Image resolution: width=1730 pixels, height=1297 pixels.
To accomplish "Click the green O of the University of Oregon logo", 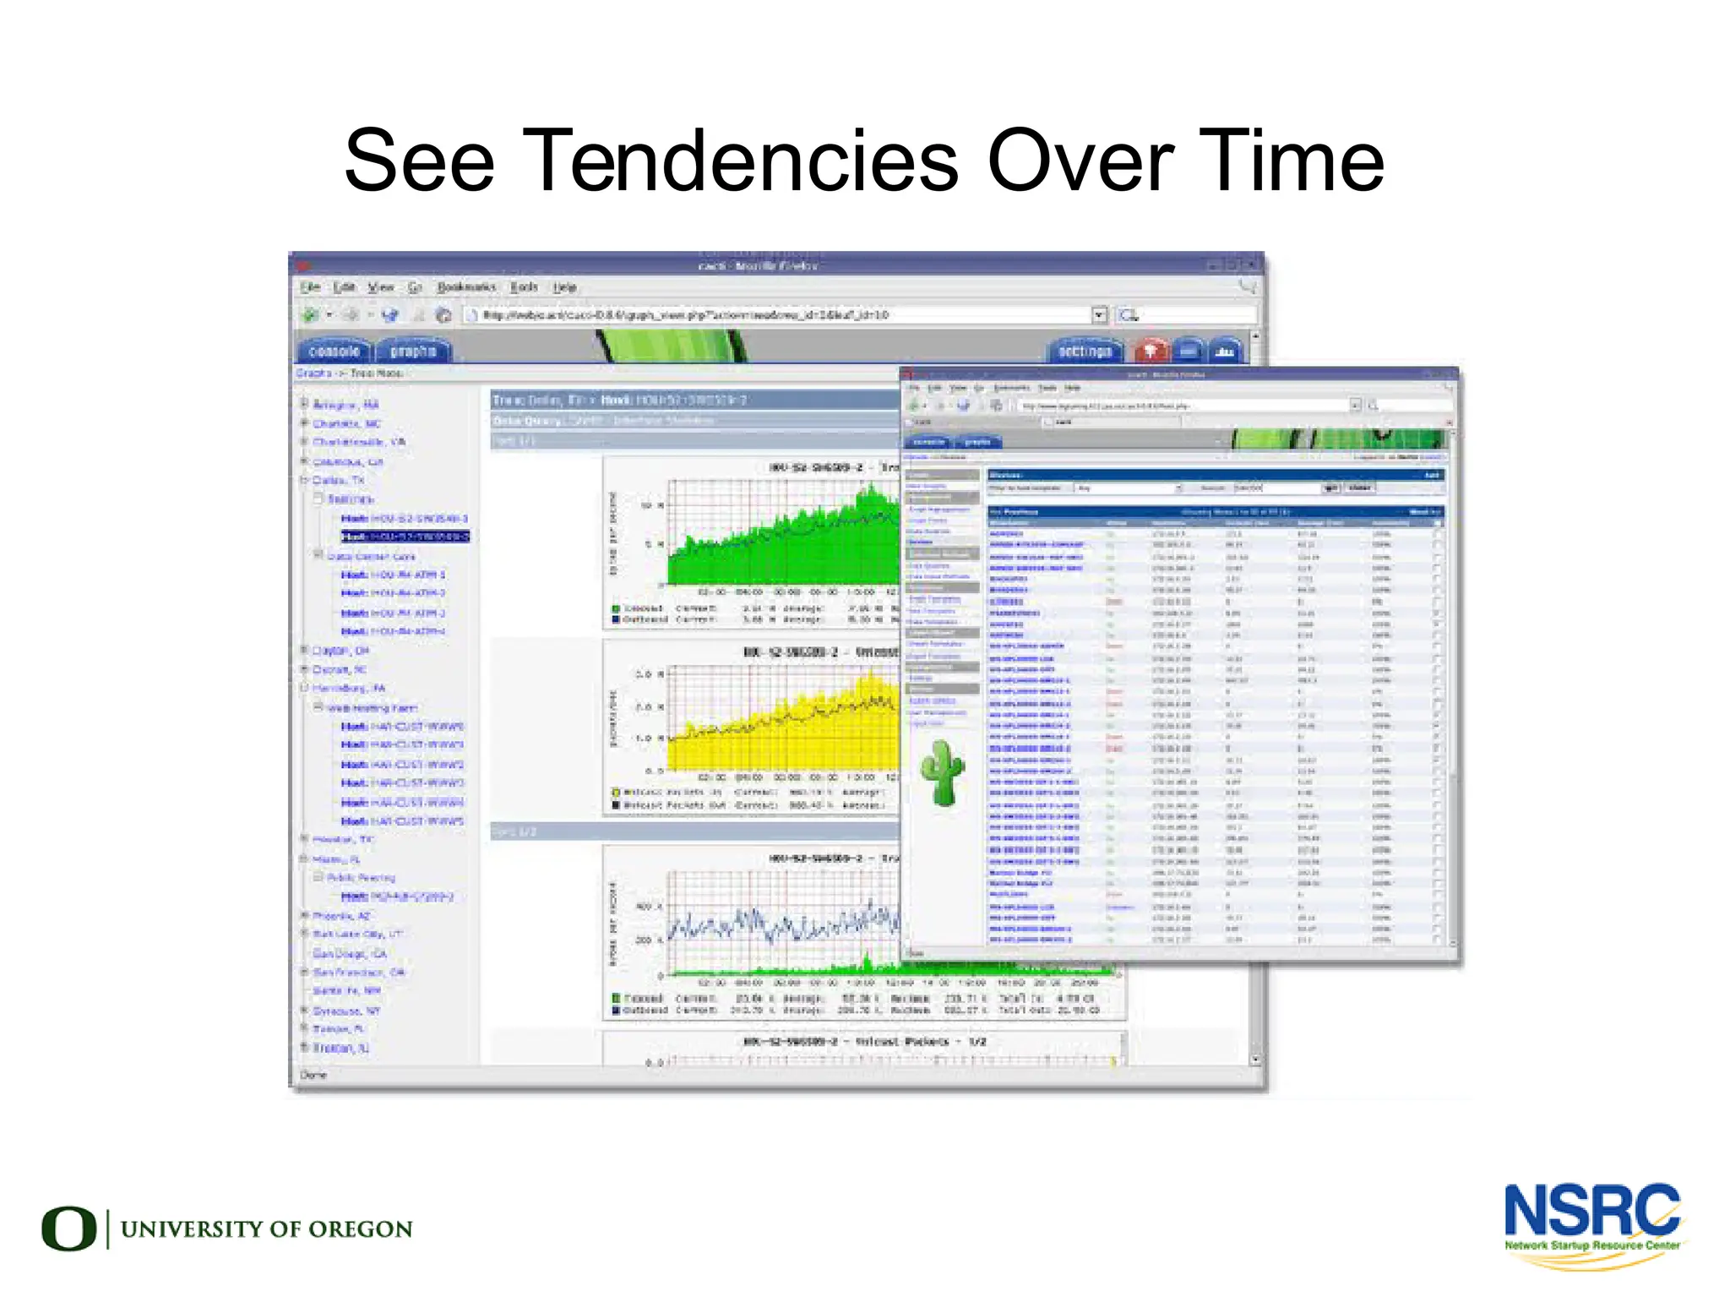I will [68, 1229].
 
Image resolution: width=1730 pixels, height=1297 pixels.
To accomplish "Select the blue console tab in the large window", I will [335, 351].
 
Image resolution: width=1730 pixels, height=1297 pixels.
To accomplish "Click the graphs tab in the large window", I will [413, 351].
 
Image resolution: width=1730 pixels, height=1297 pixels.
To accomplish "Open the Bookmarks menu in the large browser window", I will [466, 287].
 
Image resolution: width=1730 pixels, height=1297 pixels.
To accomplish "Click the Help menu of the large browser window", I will [564, 287].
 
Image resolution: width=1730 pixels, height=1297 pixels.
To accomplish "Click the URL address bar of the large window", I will [777, 315].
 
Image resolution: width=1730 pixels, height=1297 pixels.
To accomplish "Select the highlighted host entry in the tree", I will [405, 537].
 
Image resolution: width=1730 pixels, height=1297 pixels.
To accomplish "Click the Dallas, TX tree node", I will [338, 480].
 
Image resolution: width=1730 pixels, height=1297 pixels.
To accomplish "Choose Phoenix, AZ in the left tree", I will [341, 916].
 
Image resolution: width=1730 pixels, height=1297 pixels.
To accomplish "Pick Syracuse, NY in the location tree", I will [346, 1011].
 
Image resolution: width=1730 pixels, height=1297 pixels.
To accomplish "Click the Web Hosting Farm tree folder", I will [372, 708].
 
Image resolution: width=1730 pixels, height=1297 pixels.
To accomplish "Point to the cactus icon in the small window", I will [942, 772].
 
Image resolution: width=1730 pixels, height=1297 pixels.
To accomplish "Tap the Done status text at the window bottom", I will [313, 1075].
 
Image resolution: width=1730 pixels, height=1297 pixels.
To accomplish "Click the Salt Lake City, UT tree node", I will [357, 935].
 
